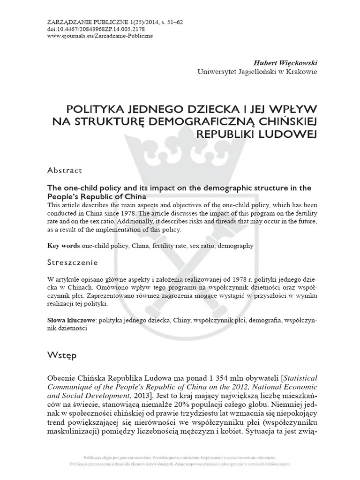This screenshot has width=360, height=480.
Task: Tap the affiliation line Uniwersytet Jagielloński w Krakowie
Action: [x=258, y=72]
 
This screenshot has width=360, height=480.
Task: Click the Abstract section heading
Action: [x=65, y=170]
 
